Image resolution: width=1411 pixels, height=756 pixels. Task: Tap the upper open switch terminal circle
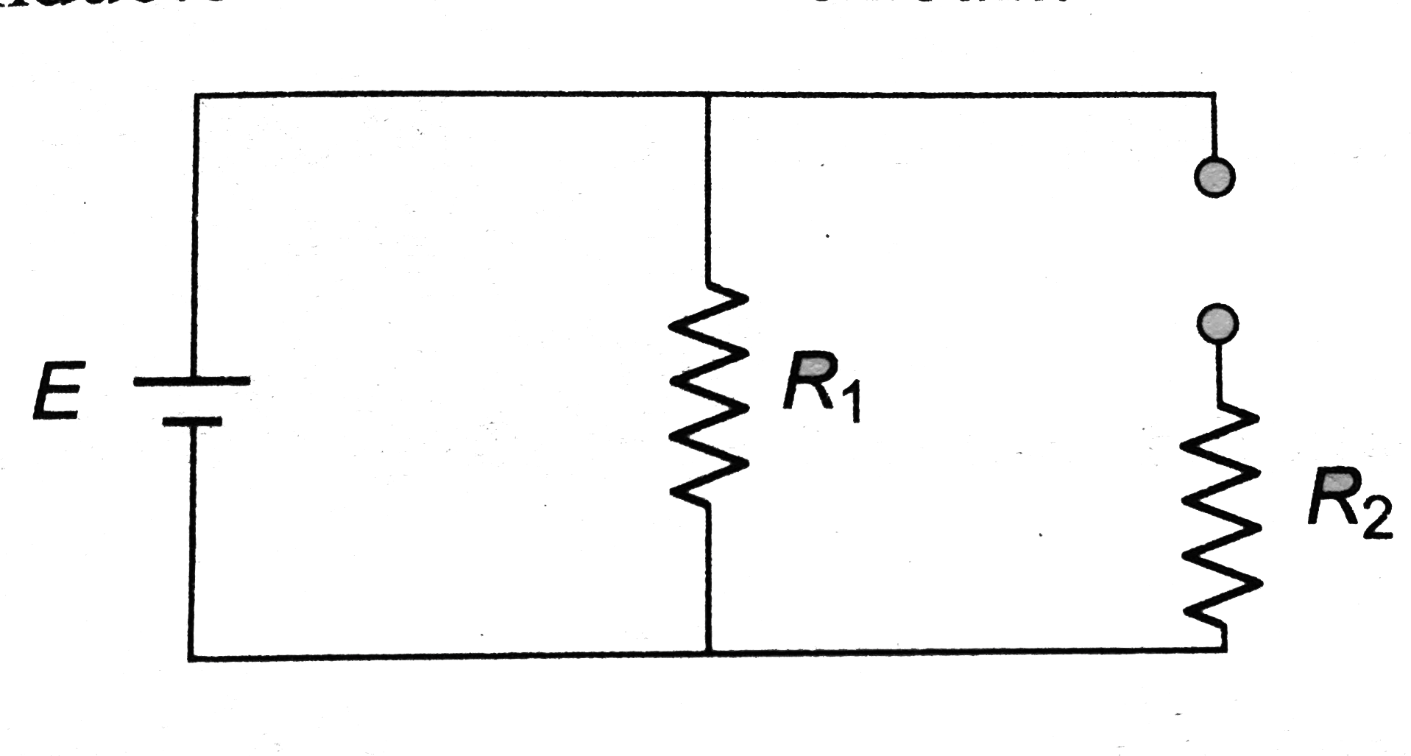[x=1214, y=177]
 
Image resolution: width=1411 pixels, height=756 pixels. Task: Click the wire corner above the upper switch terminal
[x=1214, y=95]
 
